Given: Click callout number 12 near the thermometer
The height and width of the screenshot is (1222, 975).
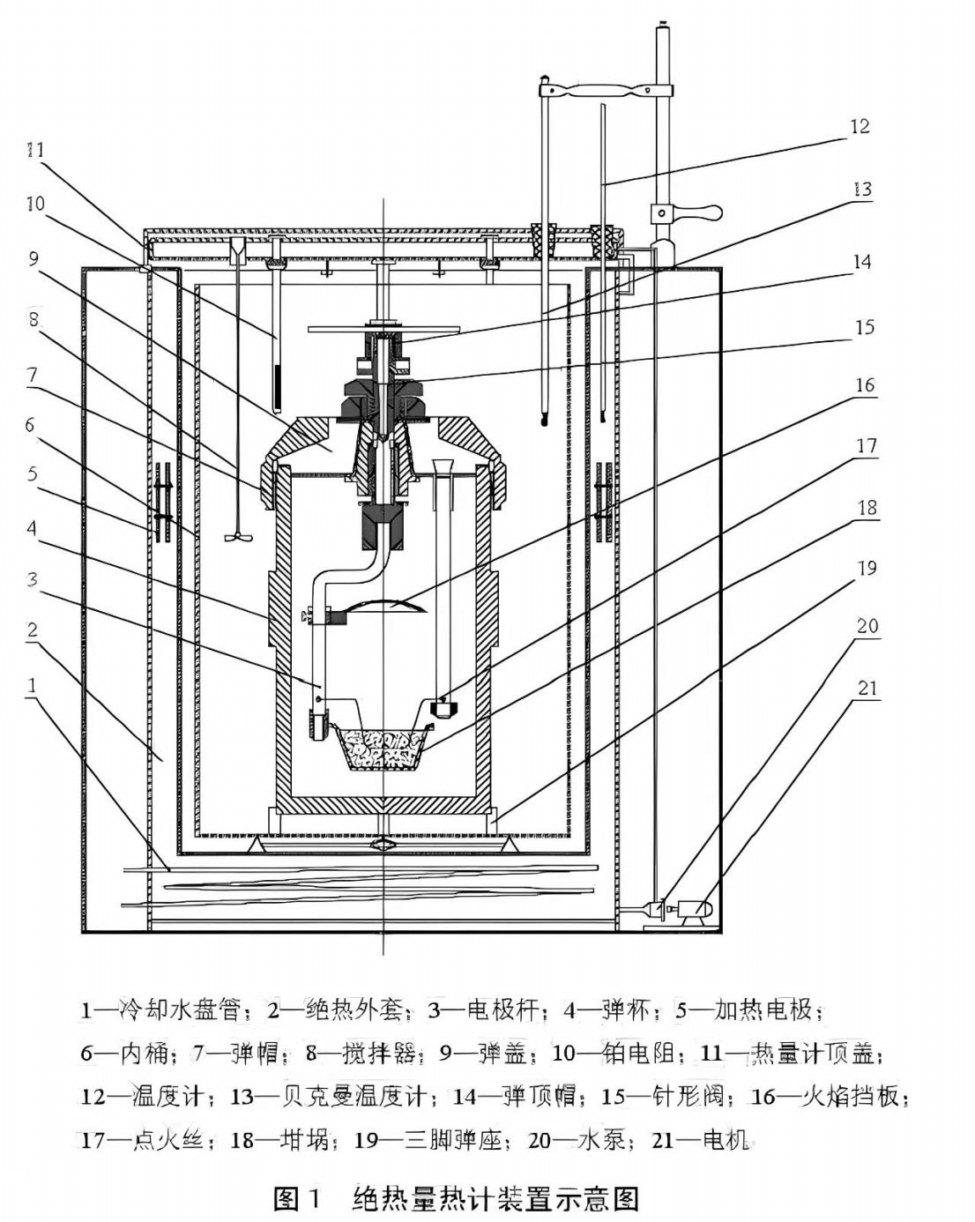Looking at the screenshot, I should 860,126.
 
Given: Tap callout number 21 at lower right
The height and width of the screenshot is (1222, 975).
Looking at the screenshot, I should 867,688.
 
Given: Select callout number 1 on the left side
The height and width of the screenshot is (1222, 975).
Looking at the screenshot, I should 32,685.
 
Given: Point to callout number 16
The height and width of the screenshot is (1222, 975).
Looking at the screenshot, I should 865,384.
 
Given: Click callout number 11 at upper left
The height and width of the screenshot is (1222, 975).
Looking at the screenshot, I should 34,150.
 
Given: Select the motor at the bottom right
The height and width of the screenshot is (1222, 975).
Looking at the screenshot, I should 692,909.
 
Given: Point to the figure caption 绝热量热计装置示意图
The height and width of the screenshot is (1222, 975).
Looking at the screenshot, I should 495,1199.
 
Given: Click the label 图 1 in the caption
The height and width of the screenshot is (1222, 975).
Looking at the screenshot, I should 301,1199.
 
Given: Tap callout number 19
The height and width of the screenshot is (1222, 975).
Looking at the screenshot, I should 867,568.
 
